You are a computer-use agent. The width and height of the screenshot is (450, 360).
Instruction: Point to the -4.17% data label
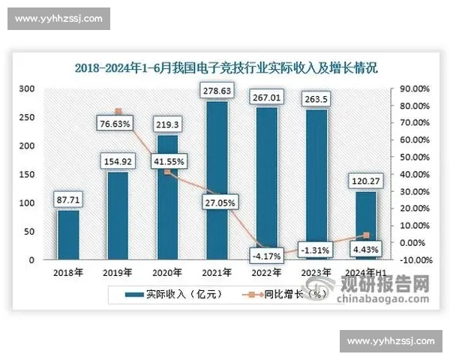click(267, 255)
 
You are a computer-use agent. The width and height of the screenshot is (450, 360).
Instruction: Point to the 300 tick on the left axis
click(27, 88)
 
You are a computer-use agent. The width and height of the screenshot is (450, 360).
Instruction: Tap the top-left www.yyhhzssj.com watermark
click(59, 19)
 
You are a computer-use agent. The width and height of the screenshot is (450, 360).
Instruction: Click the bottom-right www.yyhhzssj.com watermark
click(391, 341)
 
